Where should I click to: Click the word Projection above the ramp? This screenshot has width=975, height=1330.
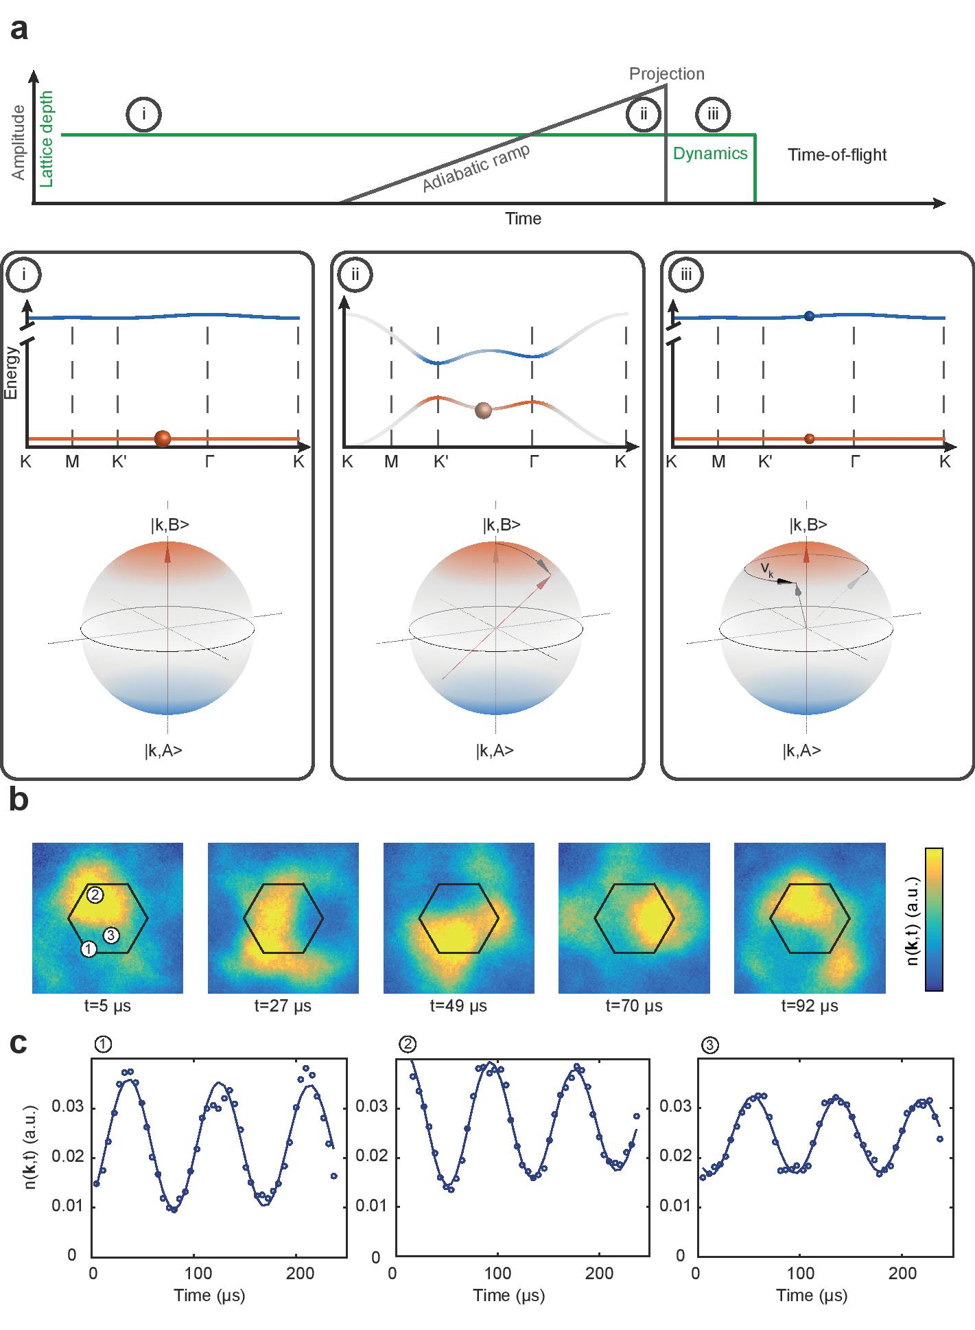click(666, 73)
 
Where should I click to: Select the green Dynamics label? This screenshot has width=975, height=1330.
click(709, 153)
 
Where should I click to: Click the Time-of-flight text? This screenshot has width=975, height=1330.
click(836, 154)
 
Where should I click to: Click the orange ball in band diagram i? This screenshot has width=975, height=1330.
click(163, 439)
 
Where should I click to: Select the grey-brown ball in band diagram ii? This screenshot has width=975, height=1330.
click(484, 410)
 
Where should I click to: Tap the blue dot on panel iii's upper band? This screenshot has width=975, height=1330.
click(810, 316)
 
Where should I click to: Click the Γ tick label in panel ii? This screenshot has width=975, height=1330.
click(534, 462)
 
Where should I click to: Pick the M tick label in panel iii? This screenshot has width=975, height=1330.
click(718, 462)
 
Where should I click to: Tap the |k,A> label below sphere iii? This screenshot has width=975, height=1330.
click(801, 751)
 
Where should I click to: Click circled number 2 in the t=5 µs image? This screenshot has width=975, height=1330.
click(95, 894)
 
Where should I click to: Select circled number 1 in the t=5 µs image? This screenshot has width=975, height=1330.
click(88, 949)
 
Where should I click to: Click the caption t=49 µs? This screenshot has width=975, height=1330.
click(458, 1006)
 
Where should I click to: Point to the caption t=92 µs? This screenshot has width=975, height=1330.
click(810, 1006)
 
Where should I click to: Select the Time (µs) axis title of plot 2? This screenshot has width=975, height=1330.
click(509, 1296)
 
